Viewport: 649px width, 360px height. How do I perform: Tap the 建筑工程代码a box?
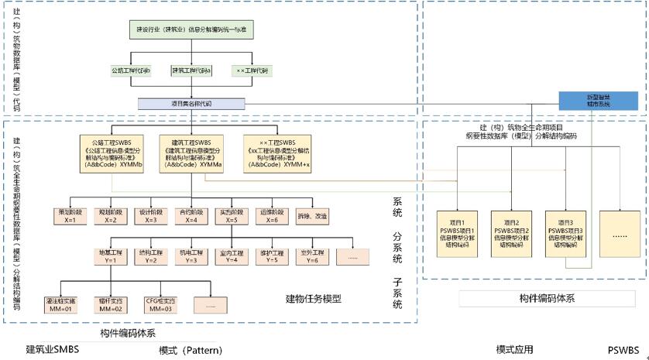pyautogui.click(x=191, y=71)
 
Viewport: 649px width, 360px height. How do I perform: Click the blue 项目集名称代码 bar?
pyautogui.click(x=191, y=103)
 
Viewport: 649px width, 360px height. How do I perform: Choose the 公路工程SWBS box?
pyautogui.click(x=113, y=153)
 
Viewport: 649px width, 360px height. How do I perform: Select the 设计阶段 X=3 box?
pyautogui.click(x=149, y=215)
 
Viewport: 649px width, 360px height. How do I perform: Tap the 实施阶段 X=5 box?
pyautogui.click(x=230, y=215)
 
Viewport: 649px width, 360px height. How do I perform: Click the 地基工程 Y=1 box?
pyautogui.click(x=109, y=256)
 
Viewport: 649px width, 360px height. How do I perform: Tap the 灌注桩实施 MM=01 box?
pyautogui.click(x=68, y=304)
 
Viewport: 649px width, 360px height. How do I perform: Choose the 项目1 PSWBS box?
pyautogui.click(x=458, y=233)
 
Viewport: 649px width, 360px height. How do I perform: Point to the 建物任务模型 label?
pyautogui.click(x=314, y=298)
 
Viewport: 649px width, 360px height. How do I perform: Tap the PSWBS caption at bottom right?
pyautogui.click(x=623, y=349)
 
